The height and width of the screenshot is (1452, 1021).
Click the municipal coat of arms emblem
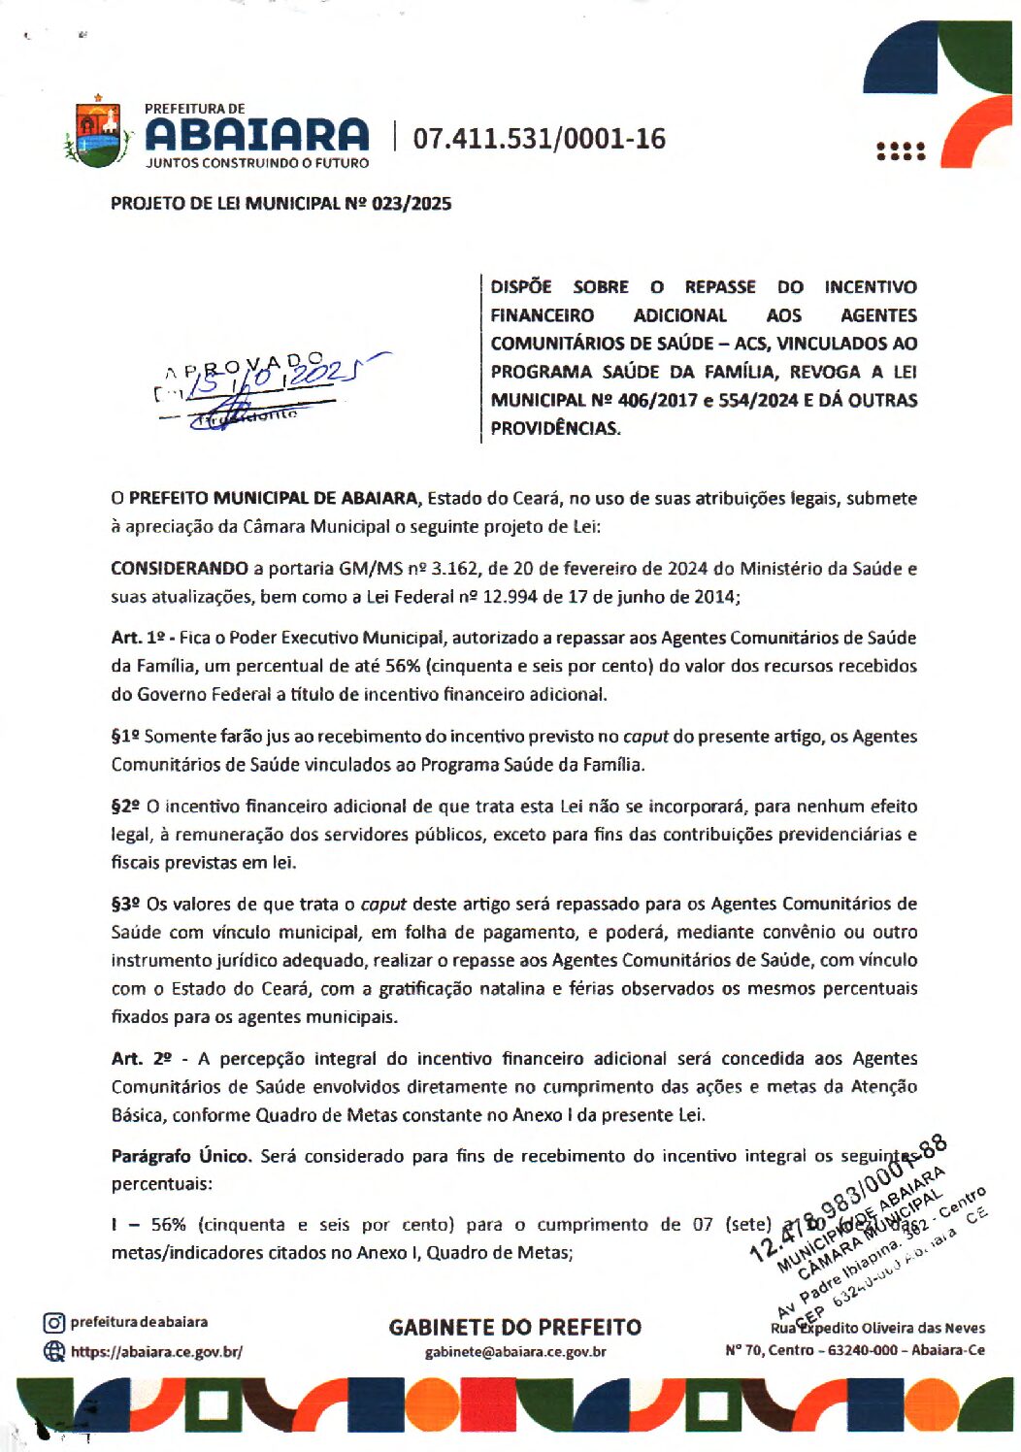97,134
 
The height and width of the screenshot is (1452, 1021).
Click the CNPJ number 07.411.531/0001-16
540,139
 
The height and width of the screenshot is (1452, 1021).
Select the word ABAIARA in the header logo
257,135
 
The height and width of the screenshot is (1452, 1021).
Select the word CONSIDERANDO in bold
180,569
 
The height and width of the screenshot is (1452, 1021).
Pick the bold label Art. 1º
138,638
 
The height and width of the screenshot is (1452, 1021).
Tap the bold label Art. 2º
140,1059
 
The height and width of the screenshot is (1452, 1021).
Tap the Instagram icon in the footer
54,1323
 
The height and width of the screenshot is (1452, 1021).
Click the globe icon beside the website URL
54,1351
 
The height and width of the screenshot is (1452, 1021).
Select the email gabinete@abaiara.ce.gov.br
515,1352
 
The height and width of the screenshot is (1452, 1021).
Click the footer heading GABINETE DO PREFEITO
515,1327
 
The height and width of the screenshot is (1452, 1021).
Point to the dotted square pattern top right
901,151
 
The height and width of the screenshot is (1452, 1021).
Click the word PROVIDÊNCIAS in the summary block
555,429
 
